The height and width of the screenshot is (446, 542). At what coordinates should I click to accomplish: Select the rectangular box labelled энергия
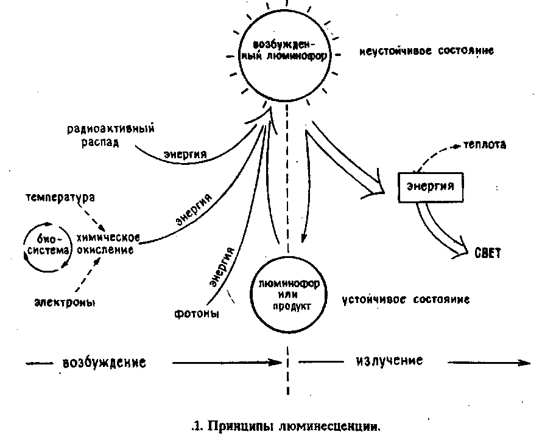click(x=430, y=187)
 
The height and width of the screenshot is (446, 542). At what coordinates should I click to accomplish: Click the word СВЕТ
click(x=487, y=253)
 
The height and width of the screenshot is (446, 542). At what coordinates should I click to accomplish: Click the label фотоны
click(x=197, y=314)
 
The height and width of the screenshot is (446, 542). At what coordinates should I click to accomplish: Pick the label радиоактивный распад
click(x=103, y=134)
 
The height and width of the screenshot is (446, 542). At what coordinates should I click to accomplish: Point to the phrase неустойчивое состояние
click(x=426, y=51)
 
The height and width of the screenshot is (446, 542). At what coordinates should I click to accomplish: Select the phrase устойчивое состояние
click(x=406, y=300)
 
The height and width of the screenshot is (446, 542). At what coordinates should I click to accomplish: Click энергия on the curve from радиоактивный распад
click(x=185, y=154)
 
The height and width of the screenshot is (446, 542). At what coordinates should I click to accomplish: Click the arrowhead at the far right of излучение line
click(x=524, y=363)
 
